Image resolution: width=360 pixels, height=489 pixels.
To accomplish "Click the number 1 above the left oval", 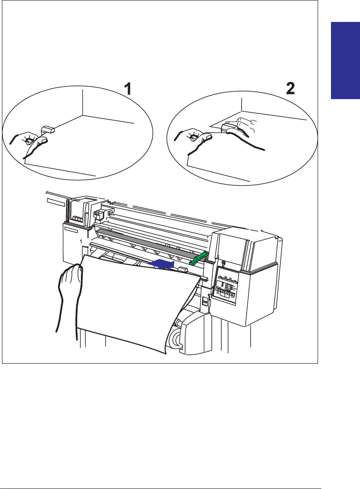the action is tap(128, 89).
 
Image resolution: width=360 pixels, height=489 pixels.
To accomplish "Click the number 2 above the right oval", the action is tap(290, 89).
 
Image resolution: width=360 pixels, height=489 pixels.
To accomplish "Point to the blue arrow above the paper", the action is tap(160, 263).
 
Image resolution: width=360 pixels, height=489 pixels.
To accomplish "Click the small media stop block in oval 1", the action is tap(48, 129).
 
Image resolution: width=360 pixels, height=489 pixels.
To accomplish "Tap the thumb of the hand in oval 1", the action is tap(42, 140).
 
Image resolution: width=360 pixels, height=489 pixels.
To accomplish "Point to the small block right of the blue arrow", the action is tap(181, 269).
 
